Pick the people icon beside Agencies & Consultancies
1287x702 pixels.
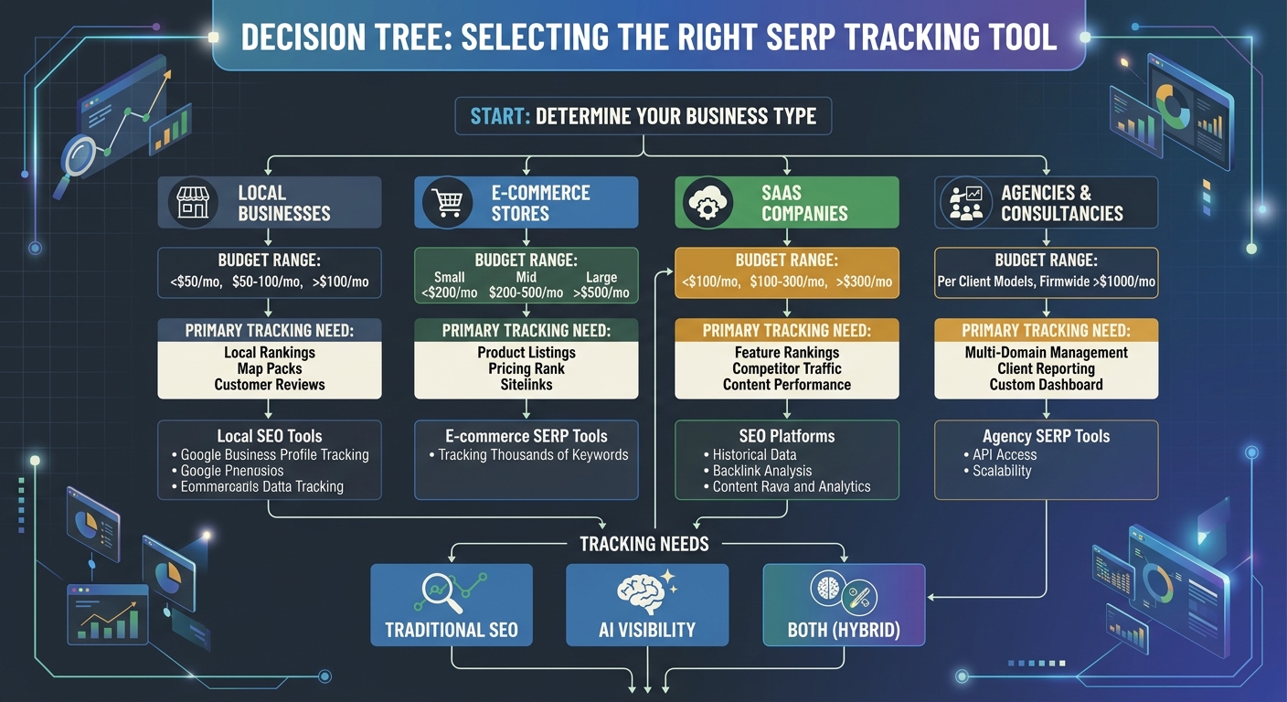966,203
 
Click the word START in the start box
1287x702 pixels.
500,117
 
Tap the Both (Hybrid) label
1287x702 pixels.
843,630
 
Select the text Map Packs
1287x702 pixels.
269,368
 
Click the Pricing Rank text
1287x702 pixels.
526,368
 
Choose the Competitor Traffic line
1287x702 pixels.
786,368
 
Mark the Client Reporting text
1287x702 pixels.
1046,368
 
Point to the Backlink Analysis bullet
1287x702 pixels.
761,471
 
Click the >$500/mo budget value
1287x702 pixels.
601,292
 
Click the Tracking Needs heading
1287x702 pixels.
643,544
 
